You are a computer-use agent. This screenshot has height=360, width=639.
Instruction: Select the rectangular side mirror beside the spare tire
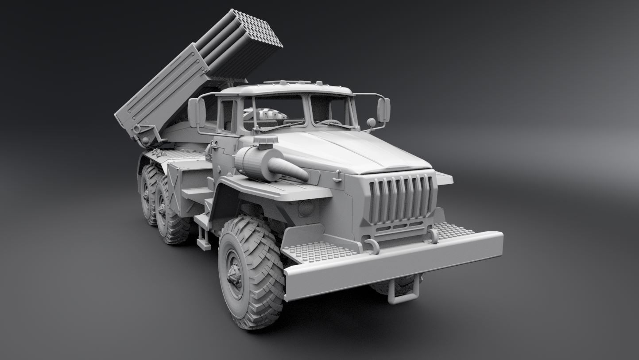(x=197, y=113)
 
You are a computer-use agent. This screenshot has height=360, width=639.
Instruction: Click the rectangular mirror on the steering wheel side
(x=383, y=110)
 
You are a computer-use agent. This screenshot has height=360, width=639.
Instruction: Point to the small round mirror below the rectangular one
(x=371, y=122)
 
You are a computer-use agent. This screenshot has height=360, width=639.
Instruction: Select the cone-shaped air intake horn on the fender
(x=288, y=169)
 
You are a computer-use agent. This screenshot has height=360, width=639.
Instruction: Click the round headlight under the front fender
(x=306, y=207)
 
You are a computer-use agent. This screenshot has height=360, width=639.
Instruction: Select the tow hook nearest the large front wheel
(x=371, y=245)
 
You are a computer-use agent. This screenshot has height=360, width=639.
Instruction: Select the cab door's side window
(x=227, y=116)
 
